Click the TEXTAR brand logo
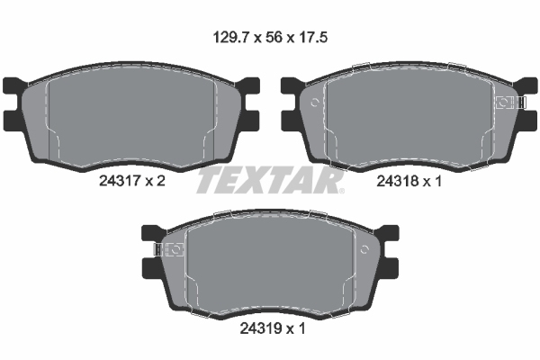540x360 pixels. (x=270, y=181)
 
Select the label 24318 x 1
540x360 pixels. (x=409, y=180)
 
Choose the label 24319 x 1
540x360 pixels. (x=270, y=329)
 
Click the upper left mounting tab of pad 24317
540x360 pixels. (x=13, y=88)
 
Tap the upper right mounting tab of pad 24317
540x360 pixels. (x=251, y=88)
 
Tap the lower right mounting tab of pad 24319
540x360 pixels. (x=391, y=268)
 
